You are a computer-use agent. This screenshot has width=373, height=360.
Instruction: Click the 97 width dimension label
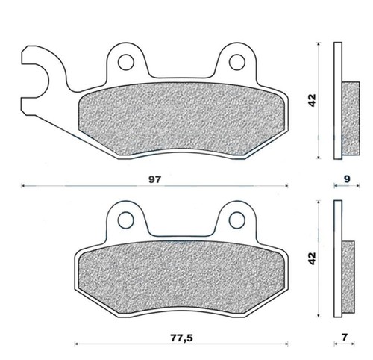pos(155,179)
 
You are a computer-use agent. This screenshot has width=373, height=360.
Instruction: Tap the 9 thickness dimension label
pos(347,179)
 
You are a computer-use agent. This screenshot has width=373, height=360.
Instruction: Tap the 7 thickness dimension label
pos(344,337)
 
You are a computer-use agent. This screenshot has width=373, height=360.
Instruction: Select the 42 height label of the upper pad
pos(312,100)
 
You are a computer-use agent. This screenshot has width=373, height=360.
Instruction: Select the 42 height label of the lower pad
pos(312,258)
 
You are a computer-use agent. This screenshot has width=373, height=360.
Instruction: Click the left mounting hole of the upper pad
pos(126,62)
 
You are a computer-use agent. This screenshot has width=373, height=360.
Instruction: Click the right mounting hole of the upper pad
pos(237,62)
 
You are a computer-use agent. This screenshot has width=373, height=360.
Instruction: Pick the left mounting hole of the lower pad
pos(126,220)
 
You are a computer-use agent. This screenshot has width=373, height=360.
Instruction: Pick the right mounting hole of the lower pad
pos(237,220)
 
